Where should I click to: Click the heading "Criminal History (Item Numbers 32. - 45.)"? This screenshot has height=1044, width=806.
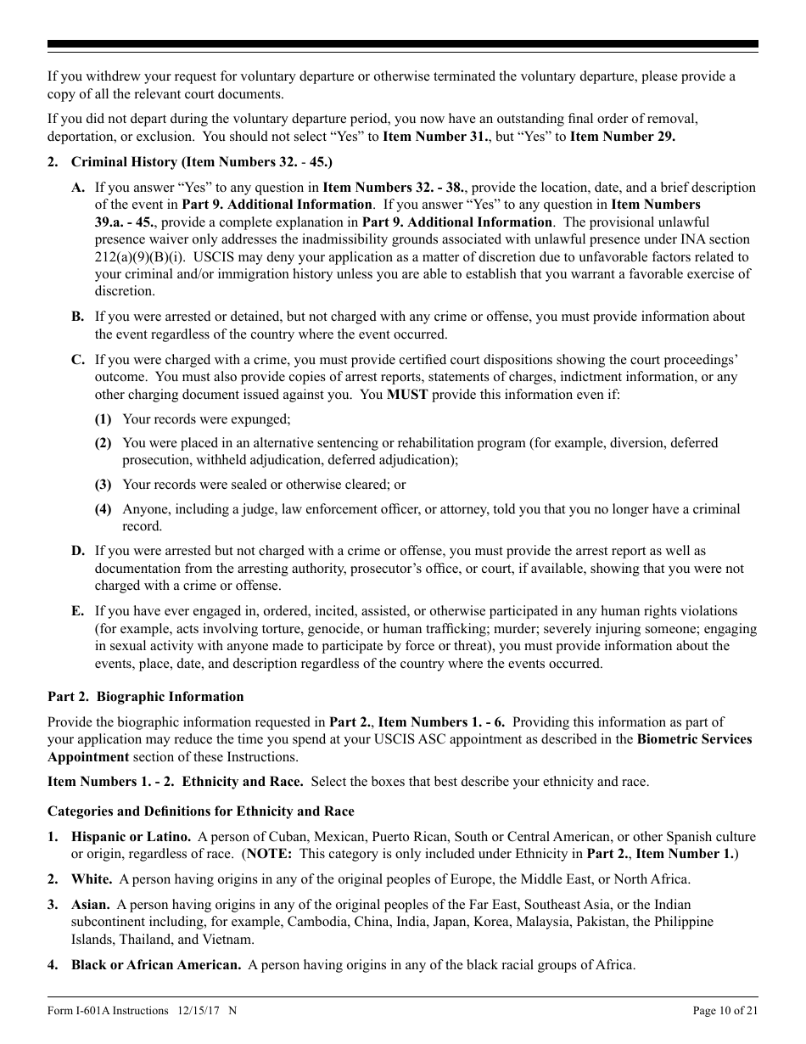tap(201, 161)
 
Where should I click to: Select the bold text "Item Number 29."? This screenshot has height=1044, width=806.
tap(622, 136)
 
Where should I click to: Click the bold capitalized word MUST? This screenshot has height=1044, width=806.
tap(407, 394)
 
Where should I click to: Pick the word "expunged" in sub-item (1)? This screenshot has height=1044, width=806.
tap(263, 418)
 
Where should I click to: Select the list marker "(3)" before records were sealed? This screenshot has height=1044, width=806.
tap(103, 485)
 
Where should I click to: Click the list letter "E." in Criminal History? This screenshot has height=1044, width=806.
tap(78, 611)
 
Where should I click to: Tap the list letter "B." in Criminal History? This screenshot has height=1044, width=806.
tap(78, 317)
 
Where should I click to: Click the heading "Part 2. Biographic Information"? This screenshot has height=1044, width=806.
tap(145, 697)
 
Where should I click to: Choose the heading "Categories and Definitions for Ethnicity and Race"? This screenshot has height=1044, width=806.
tap(200, 811)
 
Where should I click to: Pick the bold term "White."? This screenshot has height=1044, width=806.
tap(92, 879)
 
